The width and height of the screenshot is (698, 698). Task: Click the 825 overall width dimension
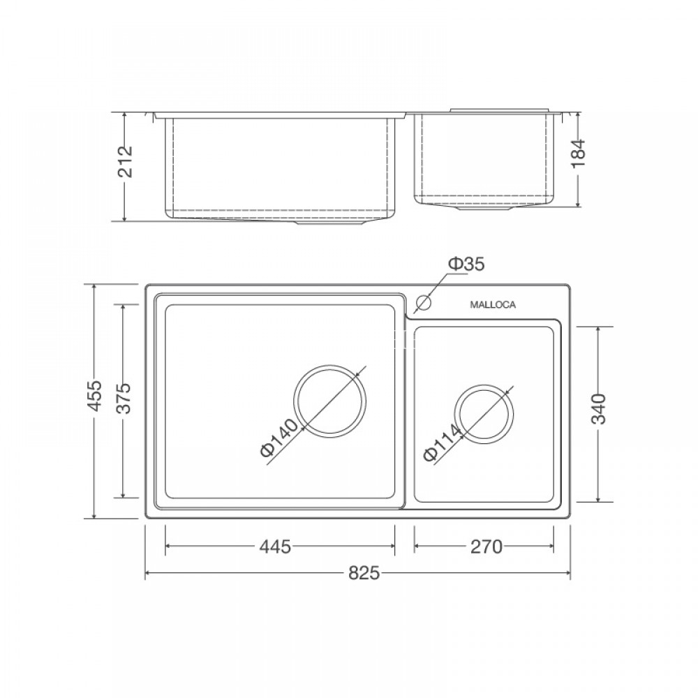[x=364, y=574]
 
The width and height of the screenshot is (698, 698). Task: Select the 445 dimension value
[x=275, y=547]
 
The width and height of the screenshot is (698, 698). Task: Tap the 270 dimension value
[x=487, y=547]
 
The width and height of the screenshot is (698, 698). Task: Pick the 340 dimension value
[x=598, y=410]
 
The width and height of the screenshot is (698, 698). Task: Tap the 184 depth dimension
[x=579, y=154]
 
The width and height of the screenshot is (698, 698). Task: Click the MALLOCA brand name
[x=493, y=305]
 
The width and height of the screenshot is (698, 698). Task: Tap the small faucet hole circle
[x=423, y=304]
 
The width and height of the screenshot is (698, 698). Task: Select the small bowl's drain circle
[x=484, y=413]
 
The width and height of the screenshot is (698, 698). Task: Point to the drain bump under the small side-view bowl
[x=482, y=207]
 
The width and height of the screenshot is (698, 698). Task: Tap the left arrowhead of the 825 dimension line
[x=148, y=574]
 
